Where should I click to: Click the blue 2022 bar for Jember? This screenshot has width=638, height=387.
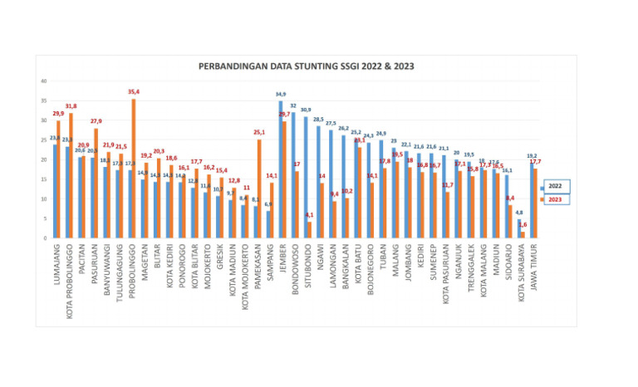(x=281, y=170)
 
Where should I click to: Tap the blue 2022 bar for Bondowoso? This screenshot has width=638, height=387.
(x=292, y=175)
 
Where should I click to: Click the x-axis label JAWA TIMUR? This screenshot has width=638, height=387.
(x=535, y=263)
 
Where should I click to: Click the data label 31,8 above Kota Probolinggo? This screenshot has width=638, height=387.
(x=71, y=106)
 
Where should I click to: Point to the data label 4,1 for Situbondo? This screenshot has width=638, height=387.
(x=310, y=215)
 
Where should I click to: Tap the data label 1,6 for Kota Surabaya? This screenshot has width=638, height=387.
(x=523, y=225)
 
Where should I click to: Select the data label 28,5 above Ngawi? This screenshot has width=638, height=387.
(x=318, y=120)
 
